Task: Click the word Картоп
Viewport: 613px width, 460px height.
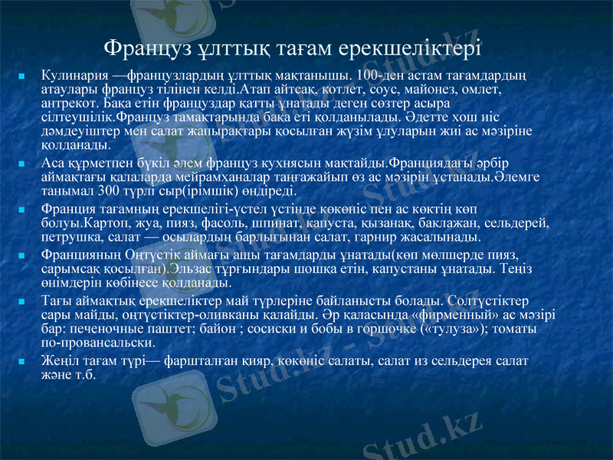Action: [107, 224]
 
